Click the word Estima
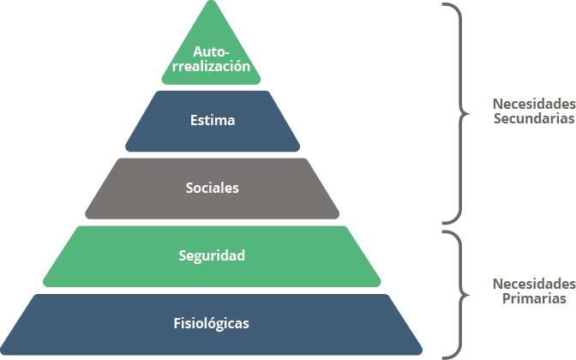tap(213, 120)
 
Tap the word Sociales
tap(213, 188)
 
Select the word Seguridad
tap(213, 255)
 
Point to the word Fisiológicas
tap(212, 323)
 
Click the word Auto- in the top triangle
tap(212, 51)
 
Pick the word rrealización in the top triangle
tap(212, 65)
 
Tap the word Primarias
tap(533, 299)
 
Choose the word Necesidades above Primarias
tap(533, 283)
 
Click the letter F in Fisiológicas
tap(177, 323)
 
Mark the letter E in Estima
tap(194, 120)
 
